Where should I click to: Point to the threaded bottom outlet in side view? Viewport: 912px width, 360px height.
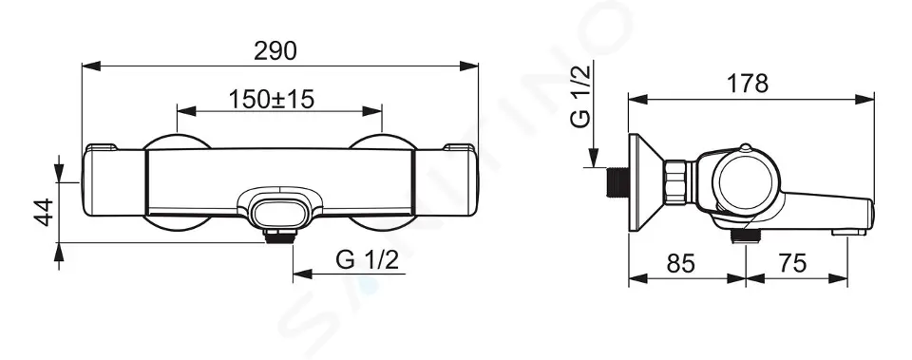click(x=745, y=236)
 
